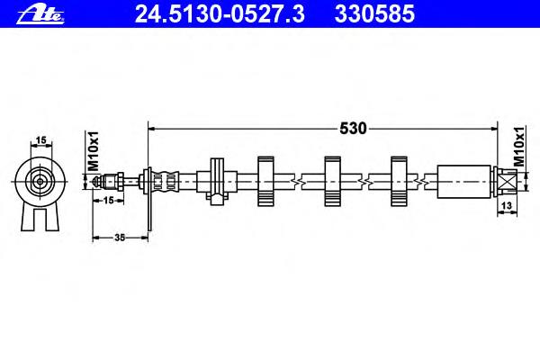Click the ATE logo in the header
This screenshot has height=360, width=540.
[x=40, y=15]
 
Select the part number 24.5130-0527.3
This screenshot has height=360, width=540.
[x=220, y=14]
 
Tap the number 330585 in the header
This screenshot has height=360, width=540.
[x=374, y=14]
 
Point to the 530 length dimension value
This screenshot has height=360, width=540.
[x=353, y=129]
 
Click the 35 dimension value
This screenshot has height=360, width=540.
[x=120, y=238]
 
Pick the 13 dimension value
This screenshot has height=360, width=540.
[x=507, y=206]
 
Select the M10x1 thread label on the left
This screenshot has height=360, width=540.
[x=94, y=151]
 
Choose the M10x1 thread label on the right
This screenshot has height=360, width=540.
[x=519, y=147]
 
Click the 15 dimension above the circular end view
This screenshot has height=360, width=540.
[x=41, y=140]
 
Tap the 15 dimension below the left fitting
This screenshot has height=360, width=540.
[x=108, y=200]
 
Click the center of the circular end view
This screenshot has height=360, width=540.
[x=40, y=182]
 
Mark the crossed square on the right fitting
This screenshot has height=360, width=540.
[x=508, y=182]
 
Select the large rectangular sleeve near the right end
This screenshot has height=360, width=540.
[x=463, y=182]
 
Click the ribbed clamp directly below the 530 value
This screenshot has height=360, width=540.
[x=332, y=182]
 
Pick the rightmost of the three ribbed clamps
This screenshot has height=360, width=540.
[x=399, y=182]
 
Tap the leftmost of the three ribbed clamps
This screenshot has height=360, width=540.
[x=265, y=182]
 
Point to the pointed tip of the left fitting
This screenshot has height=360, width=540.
[x=94, y=181]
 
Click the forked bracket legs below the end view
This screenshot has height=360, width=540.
[x=40, y=218]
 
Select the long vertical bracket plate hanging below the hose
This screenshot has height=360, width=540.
[x=148, y=200]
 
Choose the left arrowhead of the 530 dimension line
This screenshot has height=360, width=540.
[x=151, y=129]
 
